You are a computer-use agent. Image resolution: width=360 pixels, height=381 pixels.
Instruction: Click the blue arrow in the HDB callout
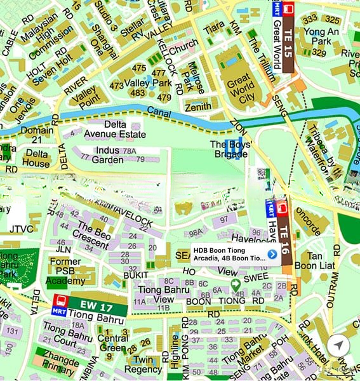272,254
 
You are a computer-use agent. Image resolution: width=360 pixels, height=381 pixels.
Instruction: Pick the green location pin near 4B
235,284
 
